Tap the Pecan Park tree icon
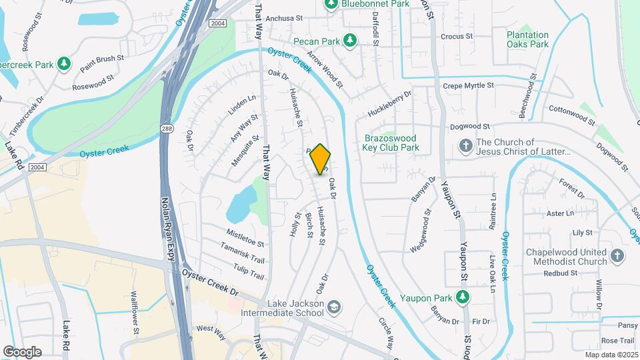click(349, 41)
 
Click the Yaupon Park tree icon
click(461, 296)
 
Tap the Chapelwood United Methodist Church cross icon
click(617, 255)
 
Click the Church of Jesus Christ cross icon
click(466, 145)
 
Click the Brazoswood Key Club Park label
click(391, 143)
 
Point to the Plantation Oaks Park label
click(527, 39)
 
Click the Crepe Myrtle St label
click(468, 86)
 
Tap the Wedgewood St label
click(419, 231)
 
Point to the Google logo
click(22, 351)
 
